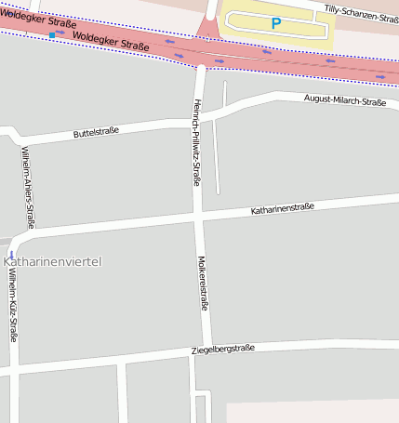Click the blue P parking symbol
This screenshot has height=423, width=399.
[x=275, y=22]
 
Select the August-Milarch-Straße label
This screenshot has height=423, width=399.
[x=344, y=101]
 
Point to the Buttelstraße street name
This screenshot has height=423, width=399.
[x=96, y=134]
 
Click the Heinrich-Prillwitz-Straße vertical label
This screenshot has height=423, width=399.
[x=196, y=141]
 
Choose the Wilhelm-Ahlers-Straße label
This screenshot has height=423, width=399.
[x=28, y=187]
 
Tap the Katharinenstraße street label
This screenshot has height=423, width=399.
[x=283, y=209]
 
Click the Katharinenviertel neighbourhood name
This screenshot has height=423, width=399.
[x=52, y=262]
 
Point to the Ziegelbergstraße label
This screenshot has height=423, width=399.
[x=220, y=349]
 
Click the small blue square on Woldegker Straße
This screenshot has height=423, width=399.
[x=52, y=34]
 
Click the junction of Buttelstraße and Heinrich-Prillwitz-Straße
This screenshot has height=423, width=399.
[x=194, y=118]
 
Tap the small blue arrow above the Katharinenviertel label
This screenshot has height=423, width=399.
[x=11, y=253]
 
